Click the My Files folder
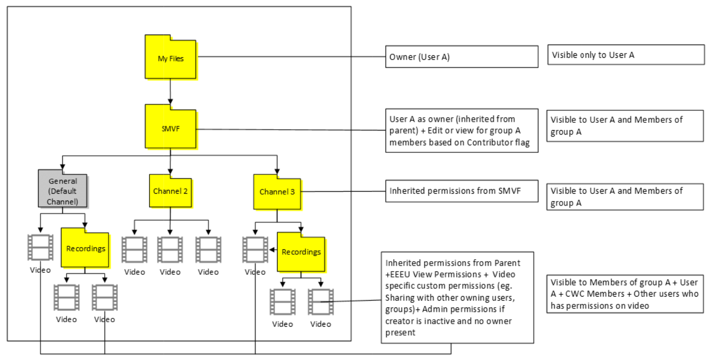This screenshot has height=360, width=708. [170, 58]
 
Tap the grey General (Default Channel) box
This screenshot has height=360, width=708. [63, 191]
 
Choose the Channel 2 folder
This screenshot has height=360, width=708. [170, 191]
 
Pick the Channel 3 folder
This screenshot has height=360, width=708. [277, 192]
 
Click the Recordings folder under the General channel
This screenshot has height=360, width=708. [85, 249]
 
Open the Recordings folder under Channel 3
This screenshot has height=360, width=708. [301, 252]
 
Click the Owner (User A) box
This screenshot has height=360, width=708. [461, 57]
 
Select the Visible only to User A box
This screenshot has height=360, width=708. [625, 55]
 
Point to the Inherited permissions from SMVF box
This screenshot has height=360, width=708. [461, 191]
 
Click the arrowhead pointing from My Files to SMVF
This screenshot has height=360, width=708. [170, 101]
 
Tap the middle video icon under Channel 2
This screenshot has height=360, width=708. [170, 249]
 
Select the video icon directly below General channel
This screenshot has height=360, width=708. [40, 247]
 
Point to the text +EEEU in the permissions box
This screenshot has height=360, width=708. [398, 275]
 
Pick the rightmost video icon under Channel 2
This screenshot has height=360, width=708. [208, 249]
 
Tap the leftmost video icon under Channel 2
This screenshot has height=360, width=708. [134, 249]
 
